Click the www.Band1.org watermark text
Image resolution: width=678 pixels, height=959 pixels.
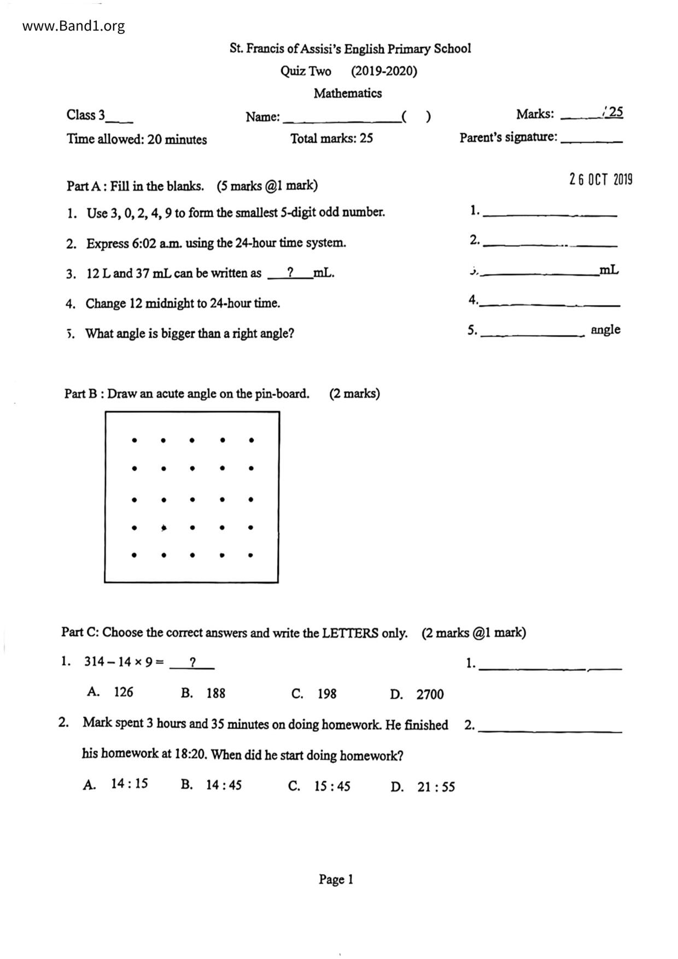(x=74, y=26)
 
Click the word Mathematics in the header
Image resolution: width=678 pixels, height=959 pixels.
(x=348, y=93)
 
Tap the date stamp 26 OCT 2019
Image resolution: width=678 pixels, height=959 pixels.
(x=600, y=179)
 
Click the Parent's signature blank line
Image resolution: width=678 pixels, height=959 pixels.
(x=592, y=141)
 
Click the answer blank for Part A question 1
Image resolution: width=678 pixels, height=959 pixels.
(x=550, y=214)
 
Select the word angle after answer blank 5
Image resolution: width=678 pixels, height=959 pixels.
(x=605, y=330)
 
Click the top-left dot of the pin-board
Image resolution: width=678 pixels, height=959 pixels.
(x=135, y=439)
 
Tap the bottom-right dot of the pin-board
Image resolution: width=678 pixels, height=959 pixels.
(x=250, y=555)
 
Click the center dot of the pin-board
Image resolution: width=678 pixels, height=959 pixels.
(x=192, y=499)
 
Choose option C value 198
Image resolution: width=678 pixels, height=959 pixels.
(x=327, y=694)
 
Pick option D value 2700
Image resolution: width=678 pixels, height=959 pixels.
(x=430, y=694)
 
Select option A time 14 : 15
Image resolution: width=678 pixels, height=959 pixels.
(x=130, y=783)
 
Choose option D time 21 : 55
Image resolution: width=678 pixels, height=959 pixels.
(x=436, y=787)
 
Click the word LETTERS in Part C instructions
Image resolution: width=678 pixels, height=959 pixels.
(x=350, y=633)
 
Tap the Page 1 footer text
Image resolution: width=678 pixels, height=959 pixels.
(x=336, y=879)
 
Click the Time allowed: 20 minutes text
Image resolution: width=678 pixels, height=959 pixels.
(x=137, y=139)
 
